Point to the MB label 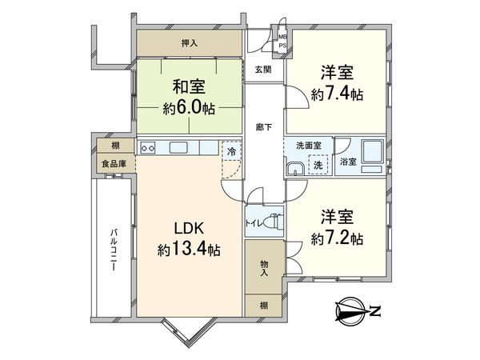pos(282,36)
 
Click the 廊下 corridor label pos(262,126)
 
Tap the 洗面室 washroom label pos(307,146)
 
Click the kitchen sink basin pos(177,147)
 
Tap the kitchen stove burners pos(147,147)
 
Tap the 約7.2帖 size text pos(337,238)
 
